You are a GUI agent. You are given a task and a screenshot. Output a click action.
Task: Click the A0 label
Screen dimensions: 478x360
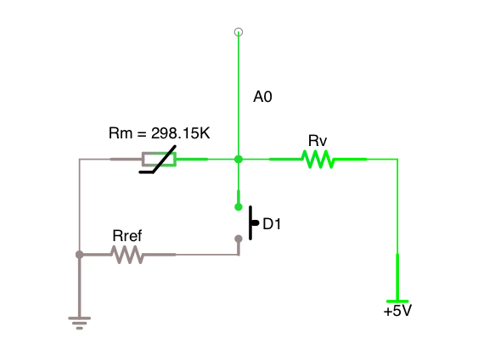coord(262,97)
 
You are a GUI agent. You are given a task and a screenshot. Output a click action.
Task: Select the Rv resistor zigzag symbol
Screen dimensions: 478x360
coord(318,159)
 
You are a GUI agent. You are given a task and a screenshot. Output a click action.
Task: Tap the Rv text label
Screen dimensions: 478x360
coord(318,141)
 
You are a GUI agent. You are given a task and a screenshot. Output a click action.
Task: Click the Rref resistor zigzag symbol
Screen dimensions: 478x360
coord(127,255)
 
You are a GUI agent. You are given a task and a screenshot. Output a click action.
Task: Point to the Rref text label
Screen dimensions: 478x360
coord(127,236)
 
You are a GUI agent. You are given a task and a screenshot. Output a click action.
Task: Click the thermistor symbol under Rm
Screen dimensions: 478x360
coord(158,159)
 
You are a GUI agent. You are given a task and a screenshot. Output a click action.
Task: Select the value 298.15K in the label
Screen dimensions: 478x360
coord(181,133)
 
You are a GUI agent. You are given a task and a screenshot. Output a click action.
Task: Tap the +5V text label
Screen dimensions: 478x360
coord(397,311)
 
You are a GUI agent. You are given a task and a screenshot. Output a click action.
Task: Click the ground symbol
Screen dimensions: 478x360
coord(80,323)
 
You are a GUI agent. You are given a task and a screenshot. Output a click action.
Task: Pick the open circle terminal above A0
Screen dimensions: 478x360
coord(239,32)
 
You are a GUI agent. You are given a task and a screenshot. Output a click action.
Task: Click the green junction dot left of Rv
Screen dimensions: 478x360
coord(239,159)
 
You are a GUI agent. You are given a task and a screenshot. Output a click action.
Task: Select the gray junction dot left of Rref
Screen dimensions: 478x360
coord(80,255)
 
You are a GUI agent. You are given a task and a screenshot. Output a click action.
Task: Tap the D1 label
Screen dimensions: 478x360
coord(272,224)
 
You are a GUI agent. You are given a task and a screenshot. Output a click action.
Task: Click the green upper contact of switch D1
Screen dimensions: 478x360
coord(239,207)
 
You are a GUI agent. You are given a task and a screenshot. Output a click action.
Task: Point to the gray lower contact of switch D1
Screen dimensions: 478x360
coord(239,239)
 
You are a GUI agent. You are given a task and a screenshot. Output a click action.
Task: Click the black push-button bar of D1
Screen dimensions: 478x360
coord(250,222)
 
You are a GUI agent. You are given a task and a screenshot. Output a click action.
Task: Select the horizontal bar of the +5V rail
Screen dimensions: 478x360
coord(397,301)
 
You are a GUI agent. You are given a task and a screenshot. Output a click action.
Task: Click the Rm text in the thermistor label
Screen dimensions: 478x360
coord(121,133)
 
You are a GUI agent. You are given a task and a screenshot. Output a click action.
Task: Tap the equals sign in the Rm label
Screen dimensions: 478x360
coord(142,134)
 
